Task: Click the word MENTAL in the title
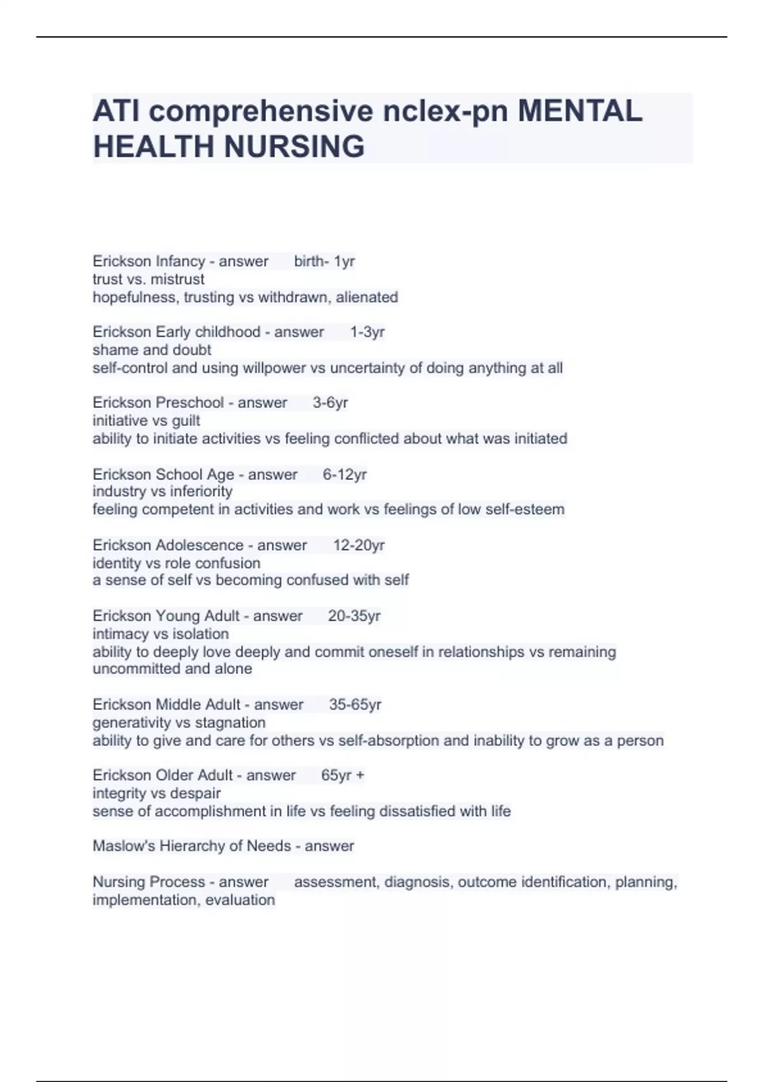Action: (x=580, y=111)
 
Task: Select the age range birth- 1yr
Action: (x=324, y=261)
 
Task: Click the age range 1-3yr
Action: (x=367, y=332)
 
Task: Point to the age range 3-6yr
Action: (x=330, y=402)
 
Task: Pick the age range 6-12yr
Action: (x=344, y=474)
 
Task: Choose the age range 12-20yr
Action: (x=359, y=545)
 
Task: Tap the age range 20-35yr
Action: (x=354, y=615)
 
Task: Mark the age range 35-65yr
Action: (x=355, y=704)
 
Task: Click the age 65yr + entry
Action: (x=343, y=775)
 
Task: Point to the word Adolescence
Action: (x=199, y=545)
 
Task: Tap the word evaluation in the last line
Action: (x=239, y=900)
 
